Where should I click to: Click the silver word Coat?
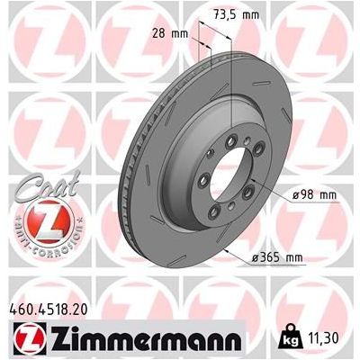pyautogui.click(x=35, y=184)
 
